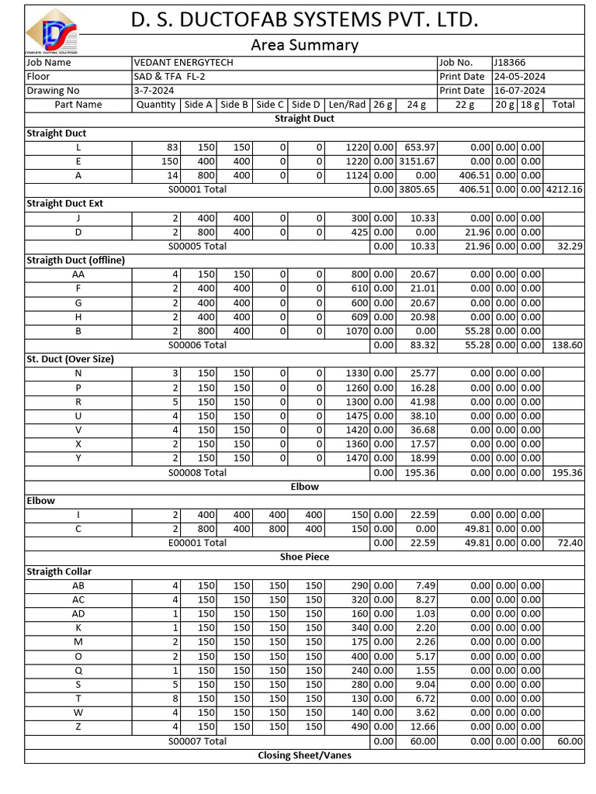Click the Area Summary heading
point(304,45)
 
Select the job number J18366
point(508,63)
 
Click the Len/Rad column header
point(347,105)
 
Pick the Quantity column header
point(156,105)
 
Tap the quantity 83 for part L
point(172,147)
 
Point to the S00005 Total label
point(197,246)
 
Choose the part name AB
point(78,585)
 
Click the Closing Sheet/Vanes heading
point(304,755)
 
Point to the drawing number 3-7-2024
point(154,91)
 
